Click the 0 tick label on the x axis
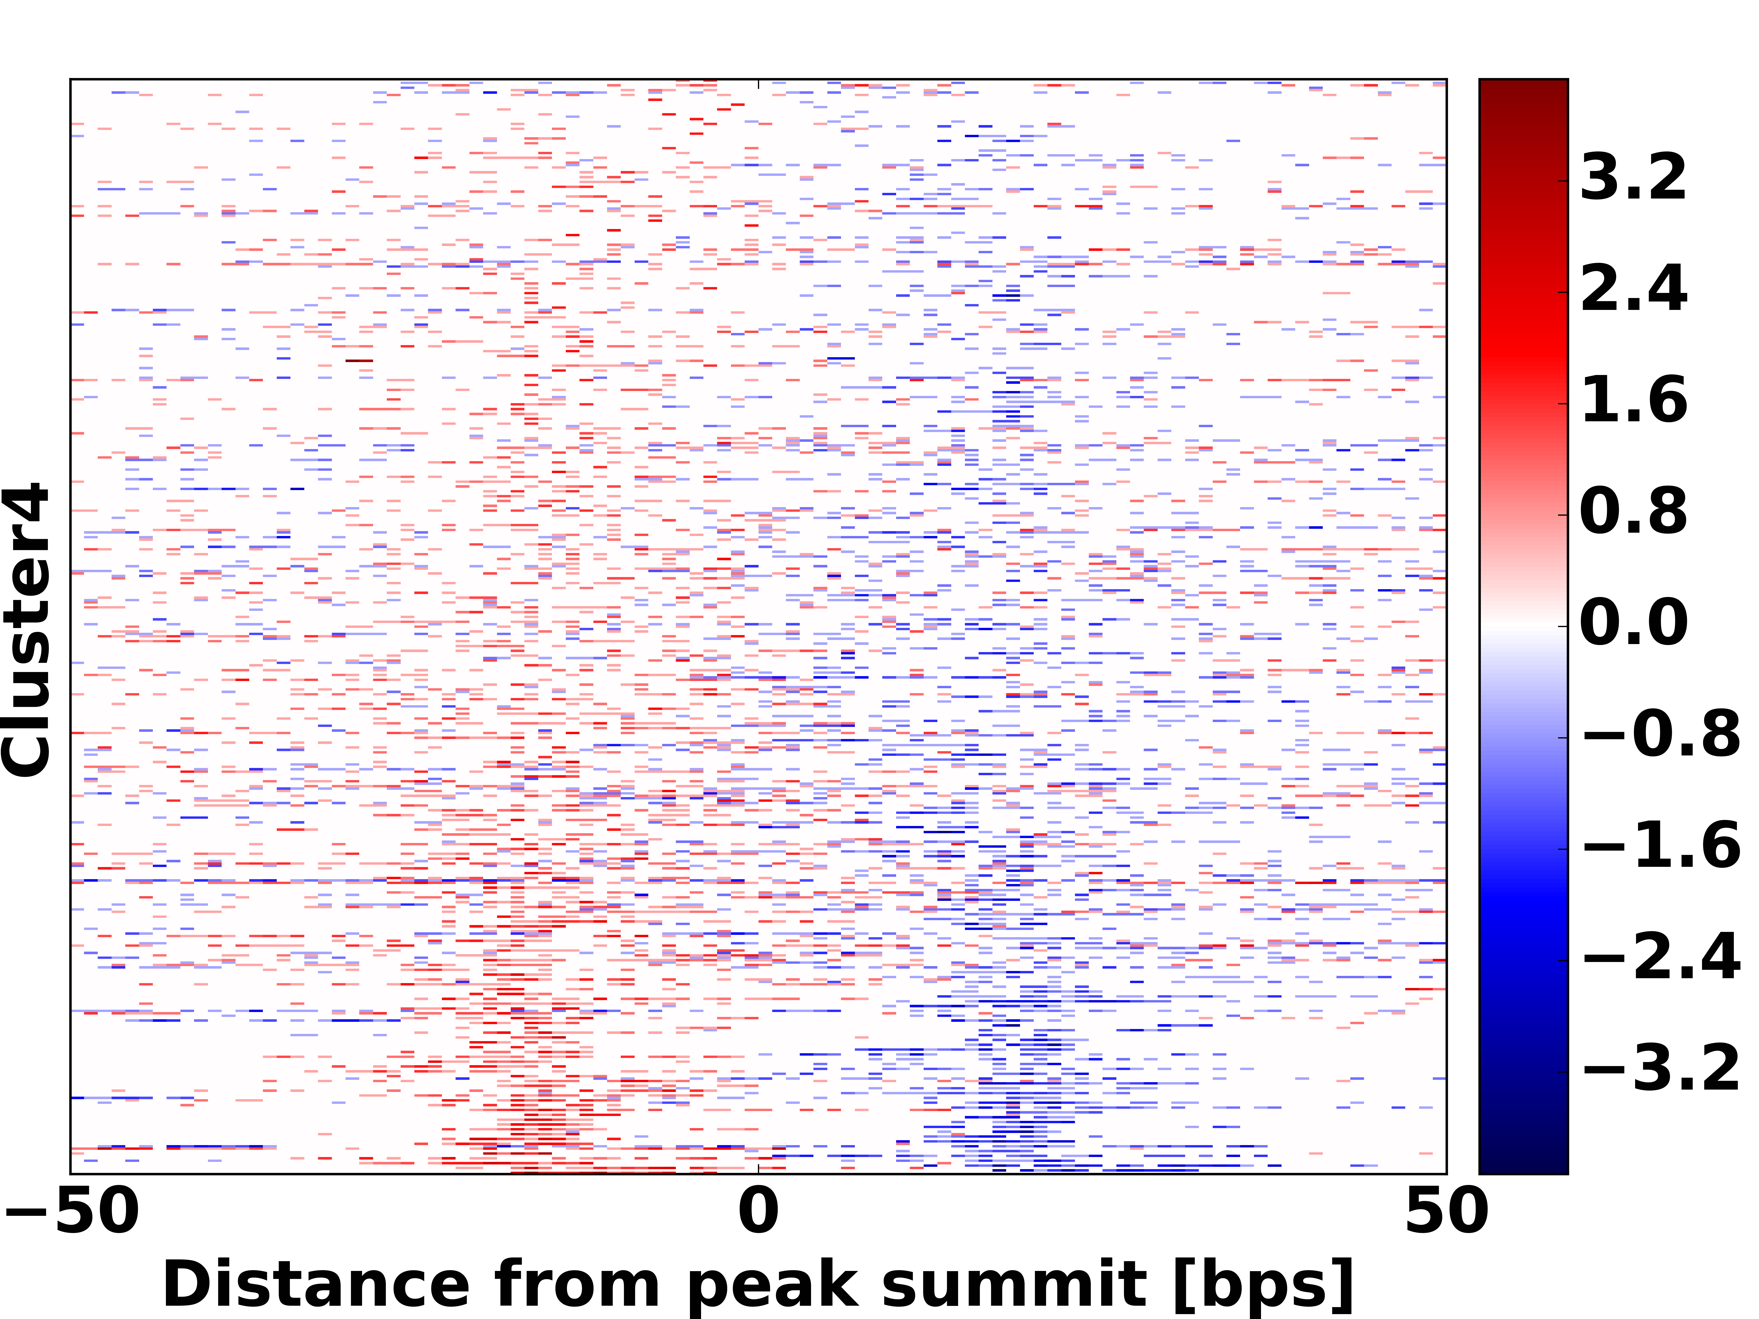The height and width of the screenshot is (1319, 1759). [x=759, y=1212]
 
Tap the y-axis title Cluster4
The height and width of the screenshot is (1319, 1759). [x=26, y=630]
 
